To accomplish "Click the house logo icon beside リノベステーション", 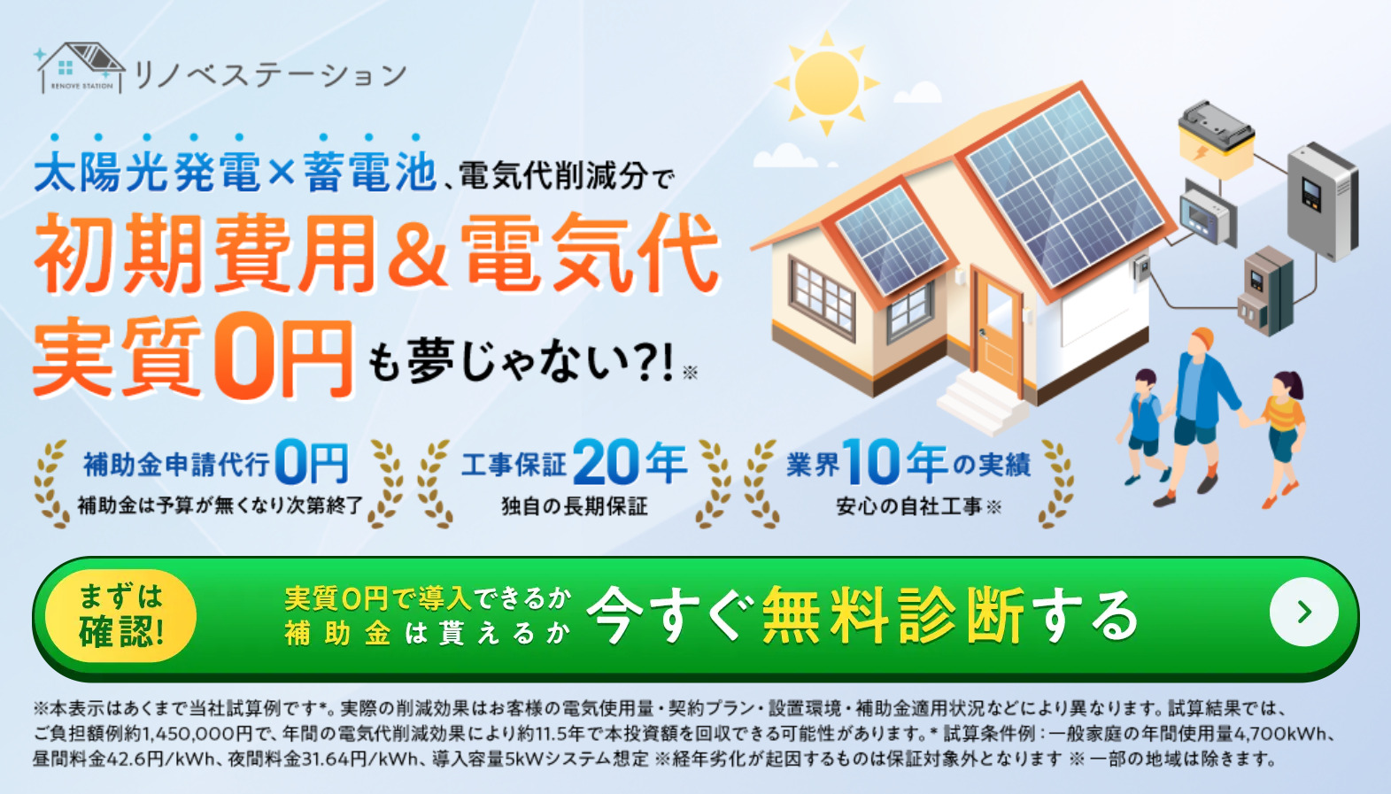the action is coord(80,68).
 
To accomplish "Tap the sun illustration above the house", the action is coord(826,83).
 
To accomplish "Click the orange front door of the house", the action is coord(998,329).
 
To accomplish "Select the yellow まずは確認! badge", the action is coord(121,615).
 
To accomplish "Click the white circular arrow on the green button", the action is coord(1303,613).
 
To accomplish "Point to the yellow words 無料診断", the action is coord(893,615).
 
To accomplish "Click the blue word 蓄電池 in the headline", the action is coord(370,172).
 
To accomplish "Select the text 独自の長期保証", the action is coord(575,506).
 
